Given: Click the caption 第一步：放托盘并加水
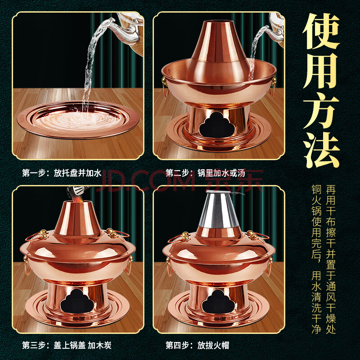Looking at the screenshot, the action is pyautogui.click(x=62, y=173).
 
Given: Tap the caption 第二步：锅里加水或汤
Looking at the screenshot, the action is pyautogui.click(x=206, y=173).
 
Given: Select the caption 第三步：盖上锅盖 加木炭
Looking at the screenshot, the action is pyautogui.click(x=67, y=345).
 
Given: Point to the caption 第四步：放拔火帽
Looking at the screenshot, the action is pyautogui.click(x=198, y=345).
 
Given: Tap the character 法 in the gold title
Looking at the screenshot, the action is pyautogui.click(x=321, y=150).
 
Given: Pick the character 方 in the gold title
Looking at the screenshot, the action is pyautogui.click(x=321, y=111).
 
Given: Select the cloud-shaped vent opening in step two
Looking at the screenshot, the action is pyautogui.click(x=217, y=125).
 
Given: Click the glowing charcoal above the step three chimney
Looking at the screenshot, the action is pyautogui.click(x=77, y=196).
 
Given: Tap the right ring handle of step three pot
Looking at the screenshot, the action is pyautogui.click(x=129, y=265).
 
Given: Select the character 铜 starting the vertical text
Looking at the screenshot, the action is pyautogui.click(x=316, y=189).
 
